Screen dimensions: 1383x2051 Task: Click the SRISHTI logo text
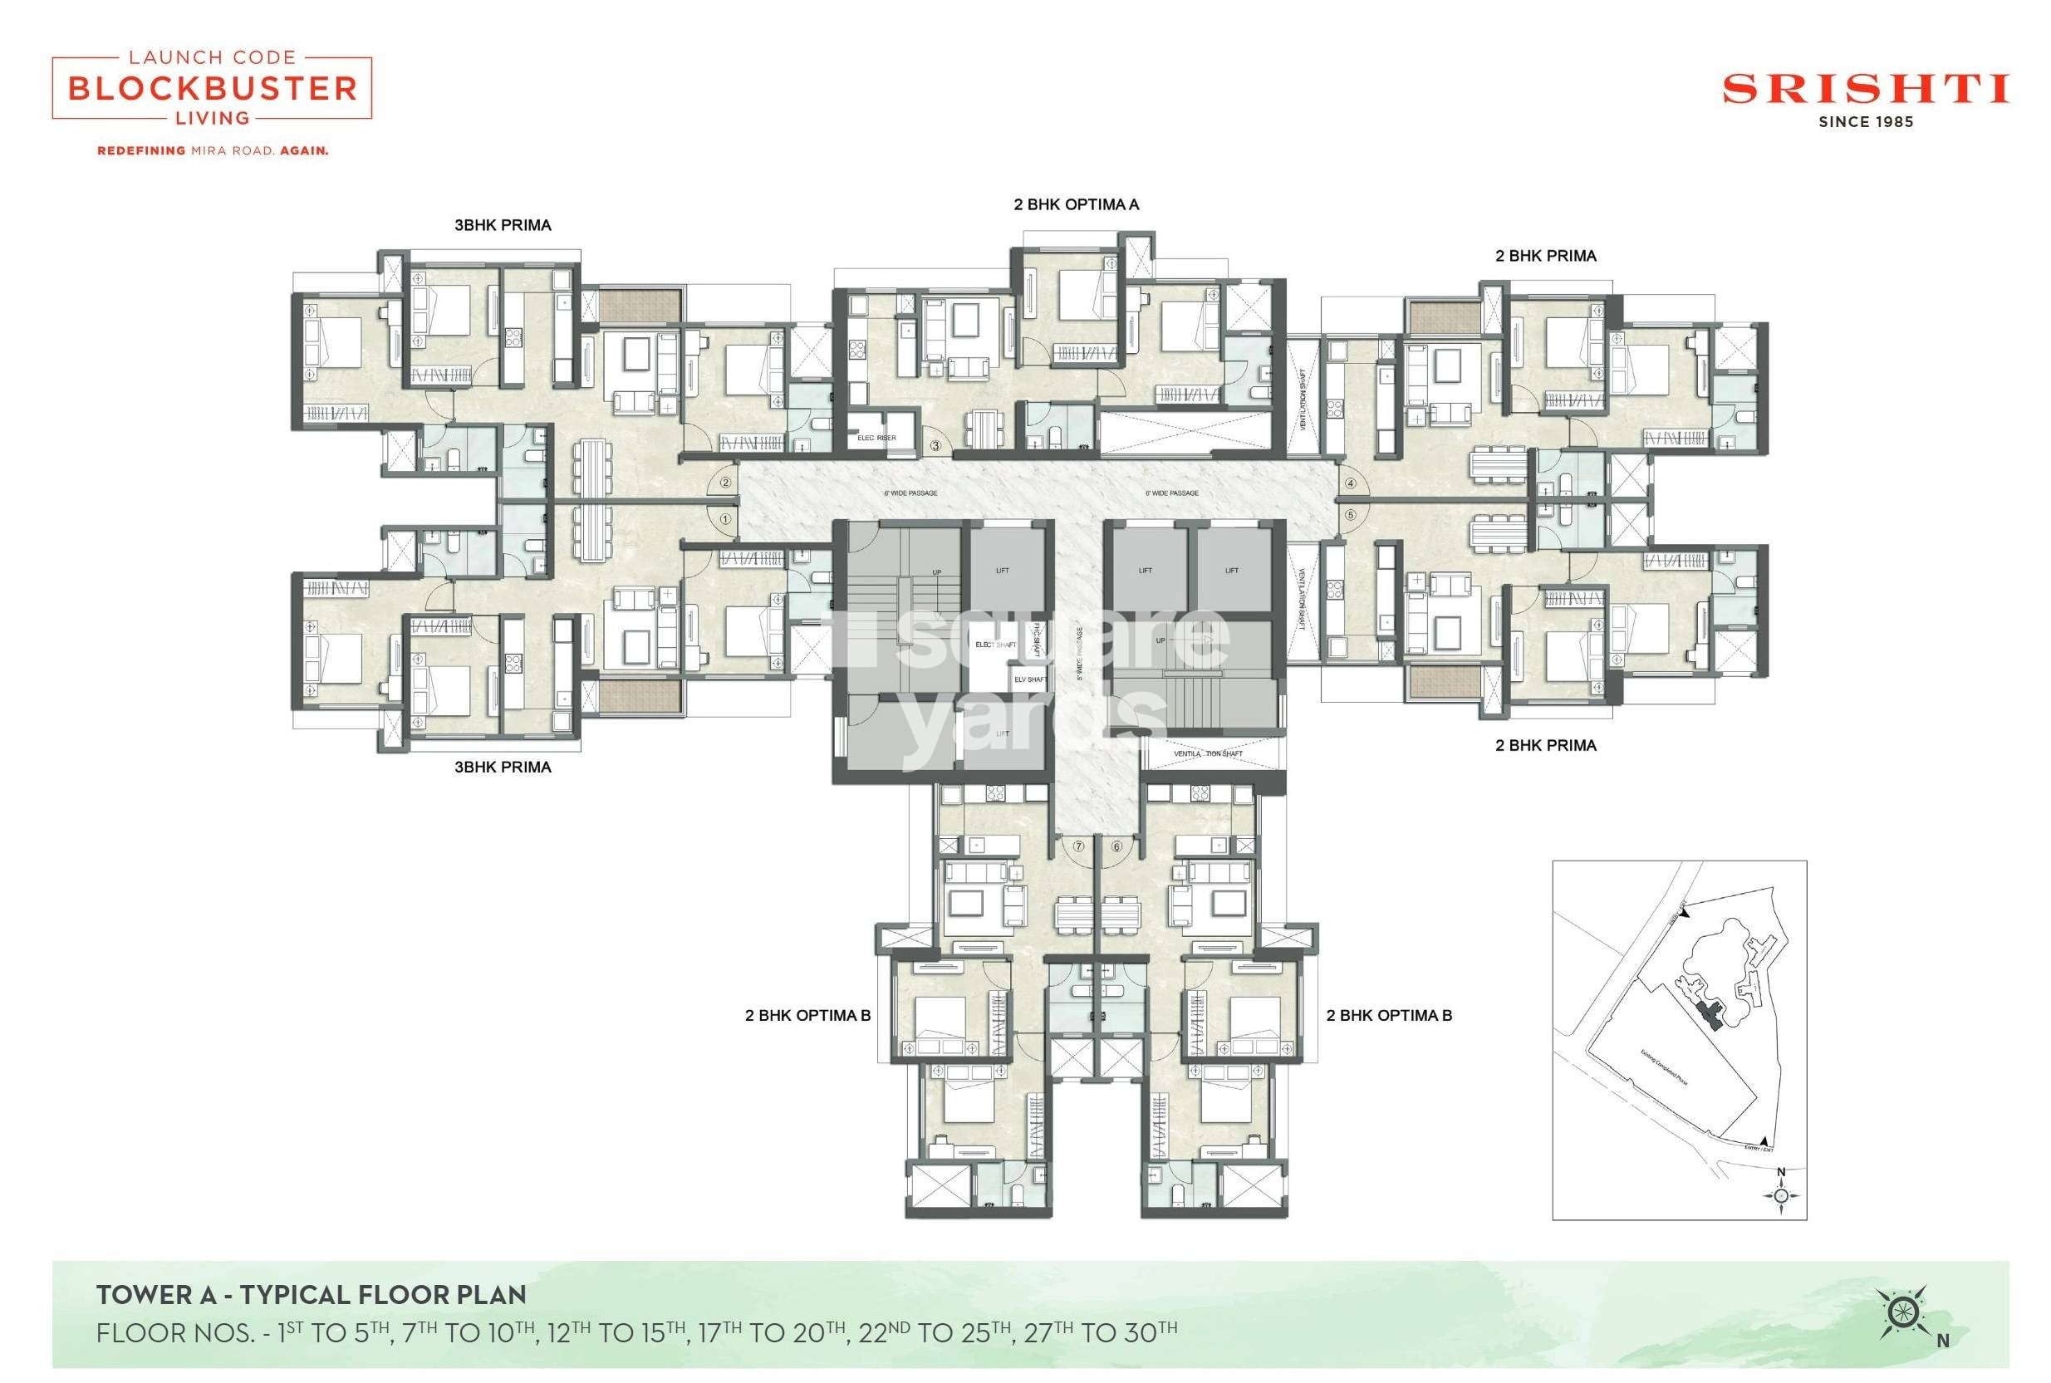(x=1865, y=90)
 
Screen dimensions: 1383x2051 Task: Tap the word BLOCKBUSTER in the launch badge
(x=213, y=88)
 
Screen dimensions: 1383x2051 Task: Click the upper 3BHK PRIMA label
(x=503, y=225)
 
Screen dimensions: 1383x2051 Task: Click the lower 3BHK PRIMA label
(x=503, y=768)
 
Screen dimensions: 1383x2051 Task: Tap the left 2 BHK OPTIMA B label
(x=807, y=1015)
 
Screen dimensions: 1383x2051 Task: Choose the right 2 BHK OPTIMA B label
(x=1388, y=1015)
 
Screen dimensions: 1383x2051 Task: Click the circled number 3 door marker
(x=935, y=446)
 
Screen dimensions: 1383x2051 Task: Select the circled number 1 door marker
(x=725, y=519)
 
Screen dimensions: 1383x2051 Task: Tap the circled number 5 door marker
(x=1350, y=514)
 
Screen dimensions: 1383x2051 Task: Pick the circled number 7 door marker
(x=1078, y=846)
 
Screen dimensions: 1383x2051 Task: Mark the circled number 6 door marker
(x=1116, y=846)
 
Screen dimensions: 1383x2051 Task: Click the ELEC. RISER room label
(x=876, y=439)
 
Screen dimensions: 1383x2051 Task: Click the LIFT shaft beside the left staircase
(x=1003, y=570)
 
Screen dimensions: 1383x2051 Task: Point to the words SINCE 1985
(x=1865, y=123)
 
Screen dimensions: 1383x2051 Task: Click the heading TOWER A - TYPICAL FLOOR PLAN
(x=311, y=1295)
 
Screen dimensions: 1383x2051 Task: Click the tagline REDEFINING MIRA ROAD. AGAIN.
(x=213, y=151)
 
